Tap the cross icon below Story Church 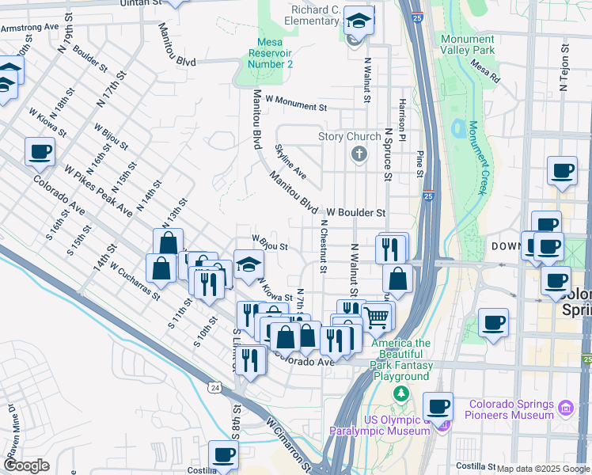tap(359, 154)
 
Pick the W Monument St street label tap(296, 103)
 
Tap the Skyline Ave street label tap(290, 161)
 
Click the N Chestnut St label tap(323, 246)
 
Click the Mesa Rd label tap(484, 72)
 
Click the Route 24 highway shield tap(214, 387)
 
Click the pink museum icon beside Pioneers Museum tap(566, 408)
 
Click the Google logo tap(26, 465)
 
